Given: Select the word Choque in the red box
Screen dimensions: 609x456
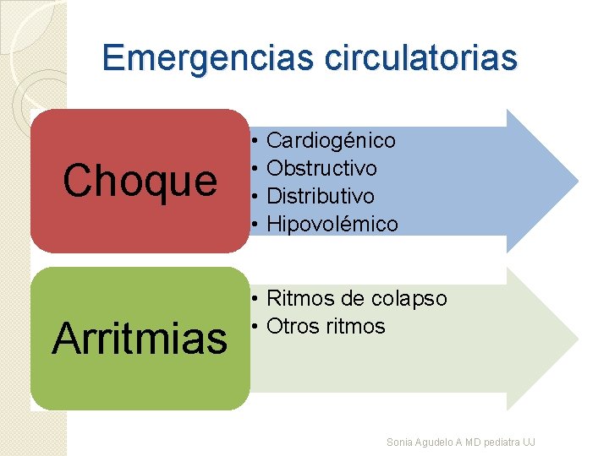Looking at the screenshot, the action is pos(140,181).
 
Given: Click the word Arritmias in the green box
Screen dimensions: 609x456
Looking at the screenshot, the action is pos(140,339).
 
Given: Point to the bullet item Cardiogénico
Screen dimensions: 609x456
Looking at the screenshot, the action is pos(331,140).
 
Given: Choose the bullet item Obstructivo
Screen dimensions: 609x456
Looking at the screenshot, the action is pos(321,168).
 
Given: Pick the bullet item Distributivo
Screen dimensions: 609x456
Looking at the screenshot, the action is pos(320,196).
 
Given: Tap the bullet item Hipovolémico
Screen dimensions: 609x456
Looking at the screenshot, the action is pos(332,224).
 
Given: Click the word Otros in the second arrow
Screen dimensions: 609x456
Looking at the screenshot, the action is pos(291,326).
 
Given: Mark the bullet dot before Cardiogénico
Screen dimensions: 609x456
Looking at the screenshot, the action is pos(255,140).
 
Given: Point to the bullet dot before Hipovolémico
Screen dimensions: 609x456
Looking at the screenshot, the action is pos(255,224).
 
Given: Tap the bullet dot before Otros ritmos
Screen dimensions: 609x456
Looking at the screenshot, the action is pos(255,326).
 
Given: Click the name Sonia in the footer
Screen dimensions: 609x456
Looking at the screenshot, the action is pos(398,442).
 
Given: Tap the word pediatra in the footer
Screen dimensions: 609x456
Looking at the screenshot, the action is pos(499,442).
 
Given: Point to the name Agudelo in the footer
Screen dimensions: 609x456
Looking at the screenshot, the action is pos(432,442).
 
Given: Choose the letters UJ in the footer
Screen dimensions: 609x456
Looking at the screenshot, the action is pos(529,442).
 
